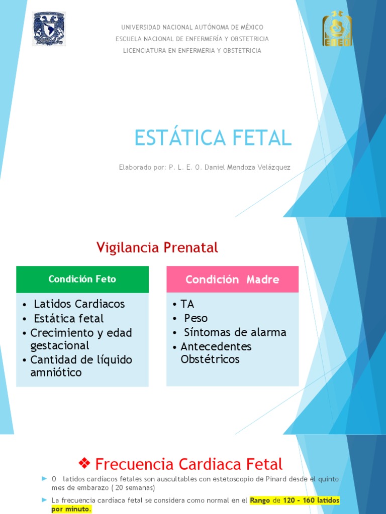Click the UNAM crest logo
tap(49, 29)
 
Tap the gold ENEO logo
tap(337, 29)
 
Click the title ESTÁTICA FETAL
tap(213, 138)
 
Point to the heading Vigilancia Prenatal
tap(157, 247)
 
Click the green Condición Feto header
tap(82, 279)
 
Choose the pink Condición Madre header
tap(232, 280)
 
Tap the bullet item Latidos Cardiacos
tap(79, 304)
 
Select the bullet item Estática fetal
tap(68, 318)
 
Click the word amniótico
tap(56, 372)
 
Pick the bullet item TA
tap(187, 304)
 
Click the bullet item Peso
tap(196, 318)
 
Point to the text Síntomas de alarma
tap(235, 332)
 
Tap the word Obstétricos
tap(210, 359)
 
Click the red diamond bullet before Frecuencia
tap(84, 463)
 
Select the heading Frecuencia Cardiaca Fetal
tap(188, 464)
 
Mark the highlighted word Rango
tap(260, 500)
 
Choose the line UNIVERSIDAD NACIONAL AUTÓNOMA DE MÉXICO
tap(192, 27)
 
